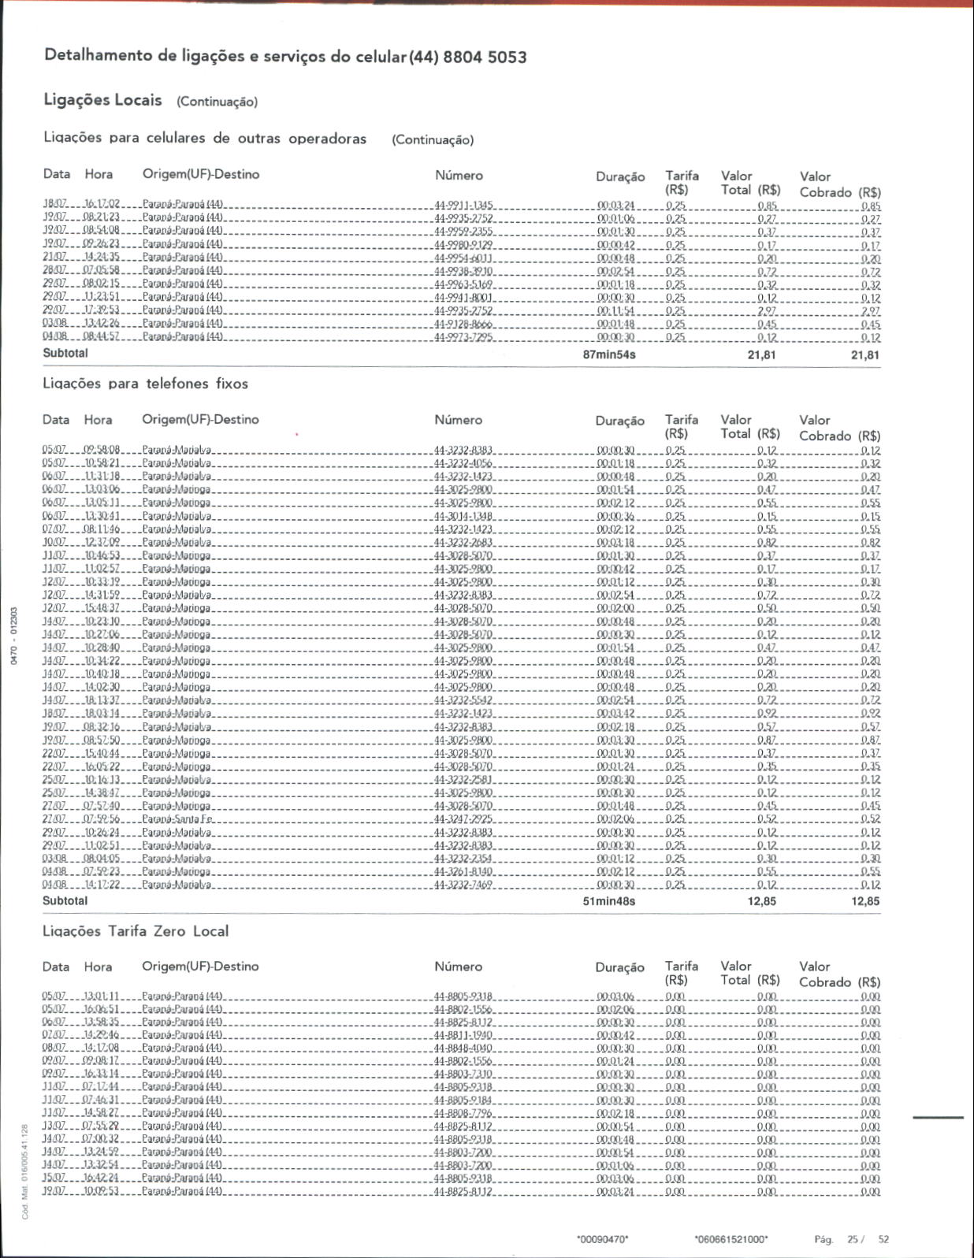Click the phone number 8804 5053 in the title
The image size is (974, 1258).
coord(485,57)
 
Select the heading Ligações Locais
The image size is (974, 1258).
coord(103,100)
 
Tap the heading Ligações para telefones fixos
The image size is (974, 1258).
coord(145,384)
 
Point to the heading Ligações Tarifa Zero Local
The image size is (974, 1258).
coord(136,931)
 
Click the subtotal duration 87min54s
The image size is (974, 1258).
coord(609,354)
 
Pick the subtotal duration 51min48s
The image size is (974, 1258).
coord(609,901)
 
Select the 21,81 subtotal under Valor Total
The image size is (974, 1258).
coord(761,354)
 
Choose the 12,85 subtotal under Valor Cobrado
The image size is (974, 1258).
coord(865,901)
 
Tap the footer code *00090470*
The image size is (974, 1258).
coord(603,1239)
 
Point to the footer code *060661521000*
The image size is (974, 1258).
coord(731,1239)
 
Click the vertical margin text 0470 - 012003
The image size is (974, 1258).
coord(13,636)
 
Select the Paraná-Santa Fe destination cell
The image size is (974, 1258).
coord(177,819)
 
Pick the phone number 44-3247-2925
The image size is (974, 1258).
coord(463,819)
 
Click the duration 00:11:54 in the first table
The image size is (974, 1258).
coord(616,311)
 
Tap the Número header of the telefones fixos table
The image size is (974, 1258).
coord(458,420)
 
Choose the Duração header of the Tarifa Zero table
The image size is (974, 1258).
coord(619,967)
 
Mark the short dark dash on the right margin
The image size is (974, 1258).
coord(938,1117)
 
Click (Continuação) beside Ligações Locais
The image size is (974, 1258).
coord(217,102)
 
